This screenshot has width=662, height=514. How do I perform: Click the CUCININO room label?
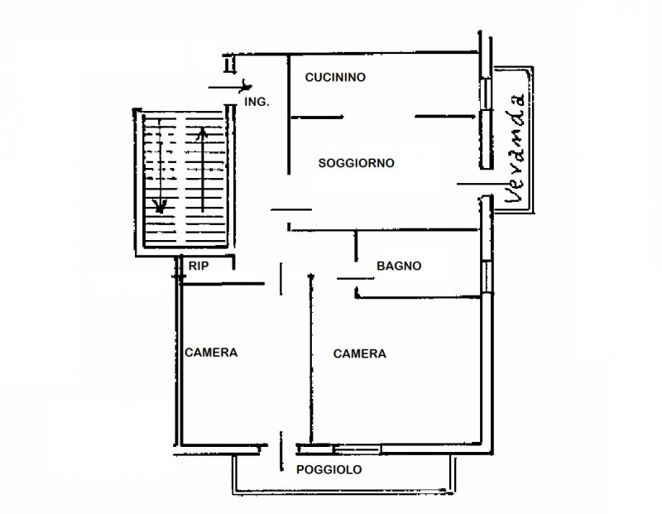(x=335, y=77)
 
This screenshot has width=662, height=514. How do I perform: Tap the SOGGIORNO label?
(x=356, y=163)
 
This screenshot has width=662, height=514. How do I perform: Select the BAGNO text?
(x=400, y=267)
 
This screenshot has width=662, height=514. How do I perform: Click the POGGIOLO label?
(x=329, y=470)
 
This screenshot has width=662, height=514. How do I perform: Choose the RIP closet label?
(x=199, y=267)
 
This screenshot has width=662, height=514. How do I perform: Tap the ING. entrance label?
(x=257, y=102)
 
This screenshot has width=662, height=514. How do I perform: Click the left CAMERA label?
(x=211, y=352)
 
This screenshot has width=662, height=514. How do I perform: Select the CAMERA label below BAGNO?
(x=360, y=353)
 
